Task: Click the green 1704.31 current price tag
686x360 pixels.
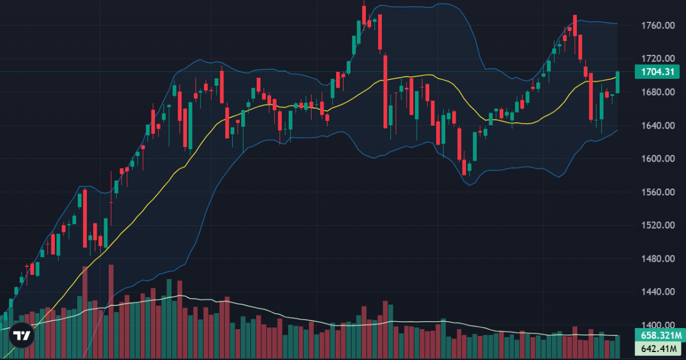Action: click(x=657, y=72)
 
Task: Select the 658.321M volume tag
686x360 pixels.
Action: click(x=659, y=335)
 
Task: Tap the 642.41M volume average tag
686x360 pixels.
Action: click(x=659, y=348)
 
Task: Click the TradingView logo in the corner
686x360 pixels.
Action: click(x=22, y=335)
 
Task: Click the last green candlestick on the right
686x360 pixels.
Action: click(x=617, y=82)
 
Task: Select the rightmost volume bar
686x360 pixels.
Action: click(x=617, y=346)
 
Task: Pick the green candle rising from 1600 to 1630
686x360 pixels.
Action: click(x=475, y=146)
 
